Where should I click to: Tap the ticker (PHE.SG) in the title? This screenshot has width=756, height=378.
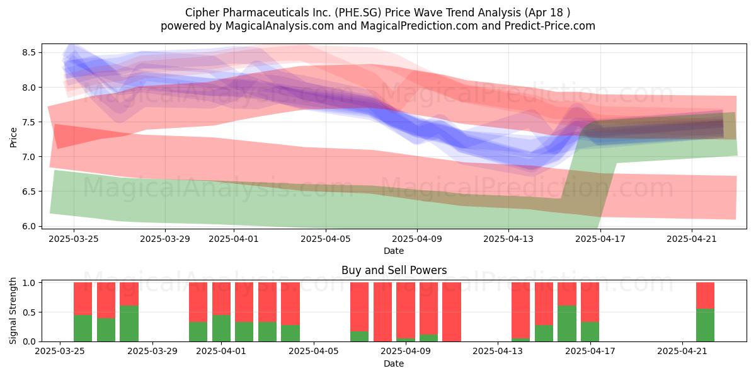358,13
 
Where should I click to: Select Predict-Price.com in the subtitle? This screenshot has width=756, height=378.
550,26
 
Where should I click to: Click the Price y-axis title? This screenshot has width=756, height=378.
13,137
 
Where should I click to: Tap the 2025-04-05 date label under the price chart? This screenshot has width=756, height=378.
325,239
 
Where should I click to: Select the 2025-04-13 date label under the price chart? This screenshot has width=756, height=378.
508,239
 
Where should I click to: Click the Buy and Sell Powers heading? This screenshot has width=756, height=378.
394,270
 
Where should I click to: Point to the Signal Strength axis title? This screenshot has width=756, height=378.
13,311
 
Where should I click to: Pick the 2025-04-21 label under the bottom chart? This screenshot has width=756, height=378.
682,352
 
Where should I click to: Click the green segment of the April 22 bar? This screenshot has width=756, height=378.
706,325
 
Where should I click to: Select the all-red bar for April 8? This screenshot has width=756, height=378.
383,312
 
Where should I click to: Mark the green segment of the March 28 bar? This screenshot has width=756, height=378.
129,324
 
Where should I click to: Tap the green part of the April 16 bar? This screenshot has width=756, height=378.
567,324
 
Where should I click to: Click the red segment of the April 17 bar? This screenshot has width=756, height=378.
590,302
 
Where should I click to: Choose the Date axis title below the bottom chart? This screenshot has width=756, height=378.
394,364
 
